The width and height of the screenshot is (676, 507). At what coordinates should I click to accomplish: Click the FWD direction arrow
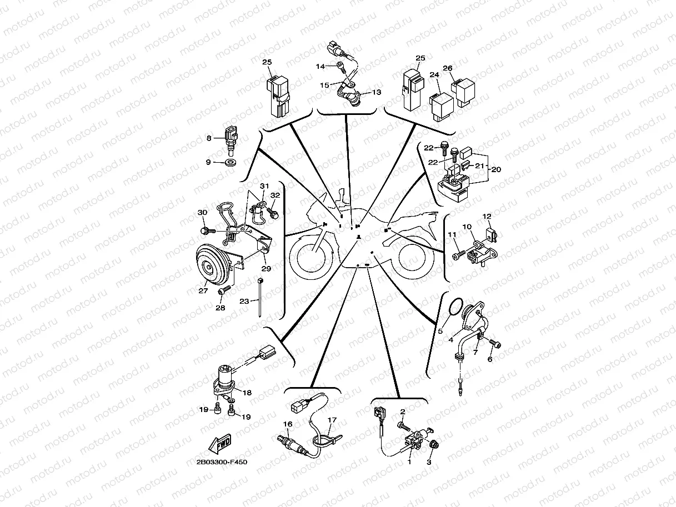tap(219, 444)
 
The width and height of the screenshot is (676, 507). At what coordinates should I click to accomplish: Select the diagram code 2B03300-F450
tap(222, 462)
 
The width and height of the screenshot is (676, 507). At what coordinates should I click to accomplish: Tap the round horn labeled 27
tap(213, 264)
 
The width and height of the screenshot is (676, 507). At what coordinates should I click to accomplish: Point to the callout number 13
tap(377, 92)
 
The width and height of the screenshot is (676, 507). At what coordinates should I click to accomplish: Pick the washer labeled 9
tap(230, 162)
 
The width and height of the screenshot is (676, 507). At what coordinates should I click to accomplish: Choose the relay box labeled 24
tap(442, 106)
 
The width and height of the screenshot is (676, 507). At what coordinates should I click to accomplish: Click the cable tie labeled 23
tap(260, 297)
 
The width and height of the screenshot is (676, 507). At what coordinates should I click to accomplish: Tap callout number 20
tap(496, 169)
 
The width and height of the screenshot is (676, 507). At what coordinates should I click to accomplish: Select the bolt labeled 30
tap(208, 230)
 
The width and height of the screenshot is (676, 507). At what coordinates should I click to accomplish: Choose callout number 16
tap(288, 424)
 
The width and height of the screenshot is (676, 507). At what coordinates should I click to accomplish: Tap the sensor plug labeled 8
tap(232, 140)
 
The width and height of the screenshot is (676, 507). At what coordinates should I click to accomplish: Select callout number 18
tap(247, 393)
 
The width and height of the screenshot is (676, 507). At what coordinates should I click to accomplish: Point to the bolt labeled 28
tap(224, 290)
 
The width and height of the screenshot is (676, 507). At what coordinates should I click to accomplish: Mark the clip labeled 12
tap(491, 235)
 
